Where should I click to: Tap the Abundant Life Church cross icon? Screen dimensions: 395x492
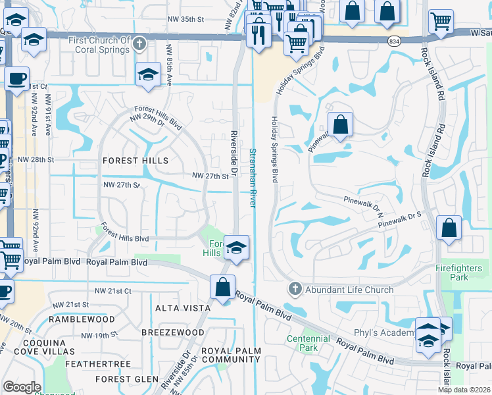tap(295, 289)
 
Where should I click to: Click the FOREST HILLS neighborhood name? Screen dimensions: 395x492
tap(135, 161)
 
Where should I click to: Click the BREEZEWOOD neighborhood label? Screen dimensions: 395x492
tap(173, 333)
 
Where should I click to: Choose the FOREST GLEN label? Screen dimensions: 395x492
tap(127, 379)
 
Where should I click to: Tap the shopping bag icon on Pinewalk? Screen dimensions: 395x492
tap(340, 124)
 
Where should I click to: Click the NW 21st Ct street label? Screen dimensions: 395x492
tap(113, 291)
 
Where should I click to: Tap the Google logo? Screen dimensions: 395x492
tap(21, 387)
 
